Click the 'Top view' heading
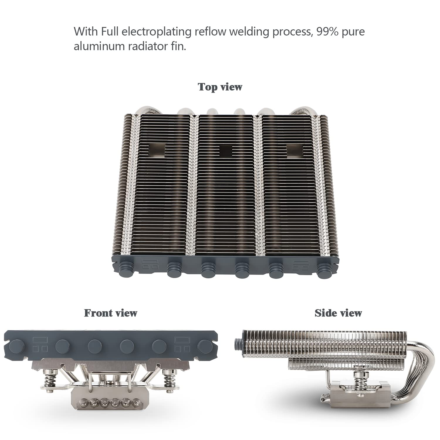tap(220, 87)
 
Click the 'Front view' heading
tap(111, 313)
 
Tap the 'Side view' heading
tap(338, 313)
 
